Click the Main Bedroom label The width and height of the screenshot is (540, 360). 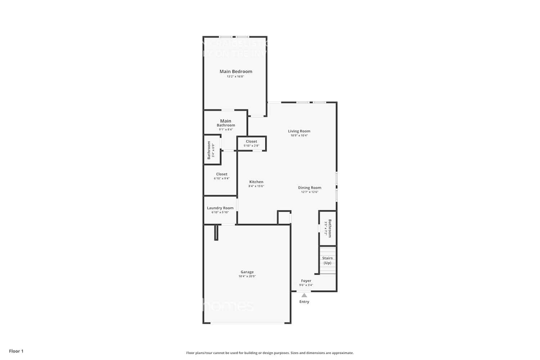tap(236, 71)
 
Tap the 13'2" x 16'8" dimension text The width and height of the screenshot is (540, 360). tap(235, 77)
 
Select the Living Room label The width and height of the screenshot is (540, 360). tap(299, 131)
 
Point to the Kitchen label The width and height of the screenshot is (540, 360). tap(256, 182)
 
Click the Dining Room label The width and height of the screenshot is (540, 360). tap(310, 188)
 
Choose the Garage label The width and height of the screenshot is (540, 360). tap(247, 272)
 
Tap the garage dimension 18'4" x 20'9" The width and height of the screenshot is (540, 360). tap(247, 276)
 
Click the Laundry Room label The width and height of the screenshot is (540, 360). tap(220, 208)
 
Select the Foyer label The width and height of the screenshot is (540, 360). tap(306, 280)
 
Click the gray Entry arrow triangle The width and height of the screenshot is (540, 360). tap(304, 295)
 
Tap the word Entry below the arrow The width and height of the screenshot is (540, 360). tap(304, 302)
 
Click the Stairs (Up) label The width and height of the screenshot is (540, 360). tap(327, 260)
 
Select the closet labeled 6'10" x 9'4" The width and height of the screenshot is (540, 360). tap(221, 176)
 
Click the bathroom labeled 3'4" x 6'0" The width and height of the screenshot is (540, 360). tap(211, 150)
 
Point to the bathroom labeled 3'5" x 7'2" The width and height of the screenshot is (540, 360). tap(328, 228)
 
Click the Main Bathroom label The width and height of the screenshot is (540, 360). tap(226, 123)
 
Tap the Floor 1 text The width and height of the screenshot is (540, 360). tap(16, 351)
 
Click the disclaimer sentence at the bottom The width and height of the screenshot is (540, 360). tap(270, 353)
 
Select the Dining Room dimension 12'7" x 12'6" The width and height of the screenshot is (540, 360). tap(310, 192)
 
